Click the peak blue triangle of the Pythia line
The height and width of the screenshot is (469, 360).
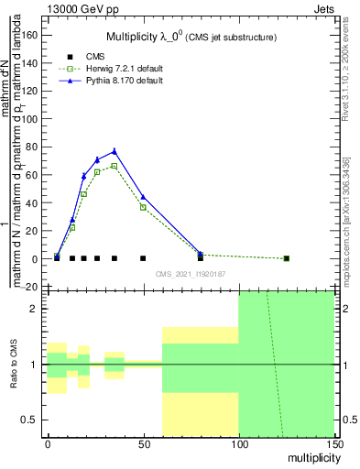(x=115, y=151)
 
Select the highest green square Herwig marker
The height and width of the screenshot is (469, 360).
(x=115, y=166)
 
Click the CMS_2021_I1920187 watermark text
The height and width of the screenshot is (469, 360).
(x=190, y=273)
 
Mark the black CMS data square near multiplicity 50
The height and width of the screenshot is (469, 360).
(x=143, y=258)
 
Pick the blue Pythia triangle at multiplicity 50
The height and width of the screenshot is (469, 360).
(x=143, y=197)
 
